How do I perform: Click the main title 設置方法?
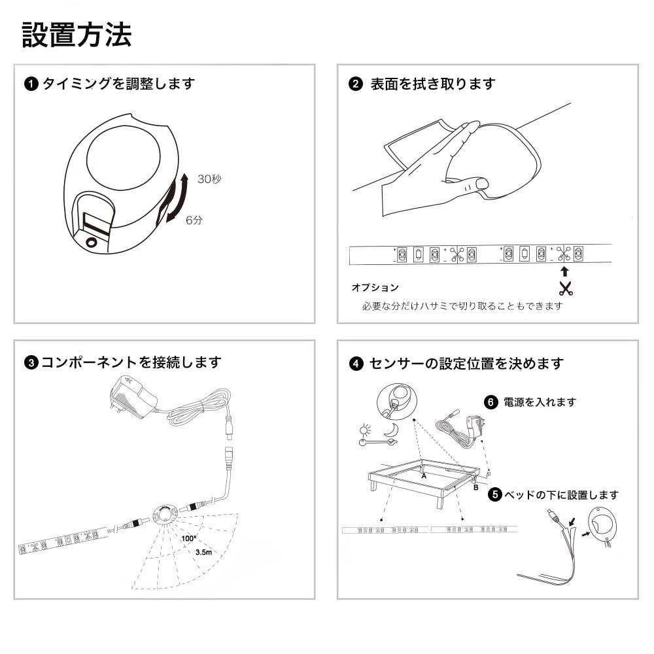[77, 35]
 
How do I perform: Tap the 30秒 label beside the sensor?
[209, 179]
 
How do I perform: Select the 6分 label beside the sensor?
[194, 220]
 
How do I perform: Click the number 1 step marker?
[31, 84]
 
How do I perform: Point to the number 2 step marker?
[355, 84]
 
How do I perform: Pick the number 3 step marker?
[31, 362]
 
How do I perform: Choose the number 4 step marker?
[356, 363]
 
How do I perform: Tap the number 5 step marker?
[494, 494]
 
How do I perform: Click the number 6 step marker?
[491, 402]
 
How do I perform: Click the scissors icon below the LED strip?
[566, 288]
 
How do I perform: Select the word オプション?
[375, 287]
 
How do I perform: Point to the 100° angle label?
[188, 538]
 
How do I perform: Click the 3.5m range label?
[203, 552]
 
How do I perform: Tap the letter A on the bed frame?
[424, 475]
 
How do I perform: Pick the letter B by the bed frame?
[476, 487]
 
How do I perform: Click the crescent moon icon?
[392, 430]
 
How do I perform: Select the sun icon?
[365, 430]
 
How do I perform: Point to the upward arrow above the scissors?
[565, 271]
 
